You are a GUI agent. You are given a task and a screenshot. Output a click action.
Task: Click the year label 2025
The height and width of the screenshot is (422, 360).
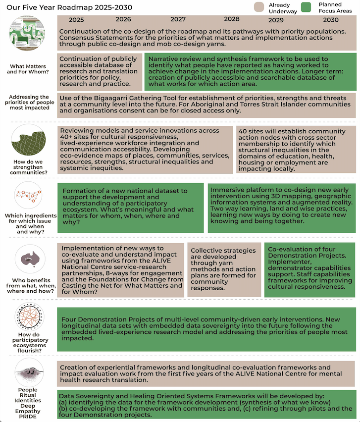click(76, 20)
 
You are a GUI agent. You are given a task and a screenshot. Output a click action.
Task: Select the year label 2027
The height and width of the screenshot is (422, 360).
click(178, 19)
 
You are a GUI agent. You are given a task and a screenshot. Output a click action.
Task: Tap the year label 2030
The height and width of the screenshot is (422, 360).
click(331, 20)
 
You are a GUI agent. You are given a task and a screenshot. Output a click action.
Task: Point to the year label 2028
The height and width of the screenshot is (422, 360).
click(232, 19)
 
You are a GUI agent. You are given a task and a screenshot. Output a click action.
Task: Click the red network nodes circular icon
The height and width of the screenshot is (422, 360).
click(28, 196)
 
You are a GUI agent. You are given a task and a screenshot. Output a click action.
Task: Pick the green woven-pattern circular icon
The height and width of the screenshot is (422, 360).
click(28, 141)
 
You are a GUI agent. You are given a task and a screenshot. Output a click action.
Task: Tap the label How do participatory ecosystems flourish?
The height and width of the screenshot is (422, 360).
click(28, 341)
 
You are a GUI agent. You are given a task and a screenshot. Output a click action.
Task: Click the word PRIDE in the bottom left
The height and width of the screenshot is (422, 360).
click(28, 416)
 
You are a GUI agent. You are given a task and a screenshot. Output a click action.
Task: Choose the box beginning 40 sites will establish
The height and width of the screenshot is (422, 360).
click(296, 150)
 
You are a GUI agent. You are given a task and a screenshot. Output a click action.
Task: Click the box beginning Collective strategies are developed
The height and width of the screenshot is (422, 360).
click(224, 269)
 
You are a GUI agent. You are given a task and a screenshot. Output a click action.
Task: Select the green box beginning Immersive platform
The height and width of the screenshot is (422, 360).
click(281, 208)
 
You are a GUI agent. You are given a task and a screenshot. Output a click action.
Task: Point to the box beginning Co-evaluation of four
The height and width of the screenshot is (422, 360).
click(309, 269)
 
